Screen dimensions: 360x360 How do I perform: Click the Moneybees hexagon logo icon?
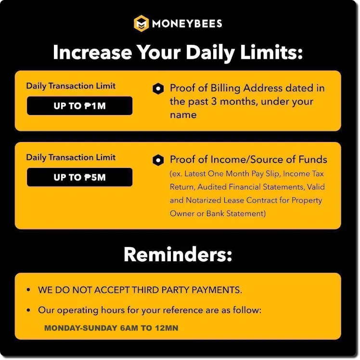pos(141,23)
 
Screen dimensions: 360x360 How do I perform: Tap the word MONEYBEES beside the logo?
pos(187,24)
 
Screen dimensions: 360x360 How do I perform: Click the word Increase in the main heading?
pos(92,52)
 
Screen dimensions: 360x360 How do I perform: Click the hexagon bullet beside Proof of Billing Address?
pos(158,89)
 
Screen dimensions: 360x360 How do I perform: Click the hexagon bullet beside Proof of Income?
pos(158,160)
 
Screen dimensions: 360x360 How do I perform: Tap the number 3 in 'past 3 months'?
pos(214,102)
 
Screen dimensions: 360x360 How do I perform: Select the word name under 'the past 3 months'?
pos(183,115)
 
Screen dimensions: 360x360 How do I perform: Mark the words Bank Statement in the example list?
pos(236,214)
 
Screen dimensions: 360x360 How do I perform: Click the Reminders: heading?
pos(178,255)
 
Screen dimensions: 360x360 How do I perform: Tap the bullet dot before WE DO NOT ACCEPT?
pos(28,290)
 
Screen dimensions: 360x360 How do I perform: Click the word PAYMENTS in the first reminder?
pos(217,290)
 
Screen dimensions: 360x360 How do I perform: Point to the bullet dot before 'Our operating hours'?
pos(28,310)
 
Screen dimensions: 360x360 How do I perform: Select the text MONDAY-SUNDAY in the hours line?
pos(81,328)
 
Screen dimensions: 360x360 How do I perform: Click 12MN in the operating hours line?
pos(167,328)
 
